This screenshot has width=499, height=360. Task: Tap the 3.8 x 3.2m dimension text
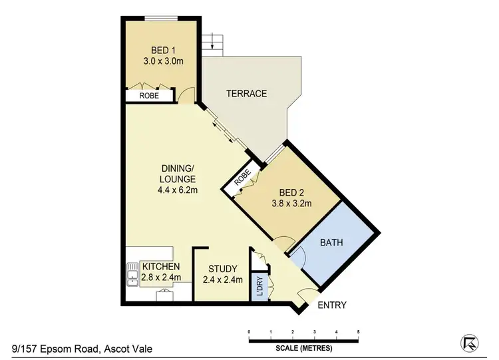(x=291, y=204)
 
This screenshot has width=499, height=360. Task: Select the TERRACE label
(x=246, y=94)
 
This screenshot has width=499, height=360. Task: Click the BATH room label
(x=331, y=243)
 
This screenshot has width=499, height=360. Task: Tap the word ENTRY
(x=332, y=305)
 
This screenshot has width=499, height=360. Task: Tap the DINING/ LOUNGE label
(x=177, y=174)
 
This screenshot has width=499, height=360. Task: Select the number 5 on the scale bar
(x=359, y=331)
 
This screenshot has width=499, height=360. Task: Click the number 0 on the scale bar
(x=248, y=331)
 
